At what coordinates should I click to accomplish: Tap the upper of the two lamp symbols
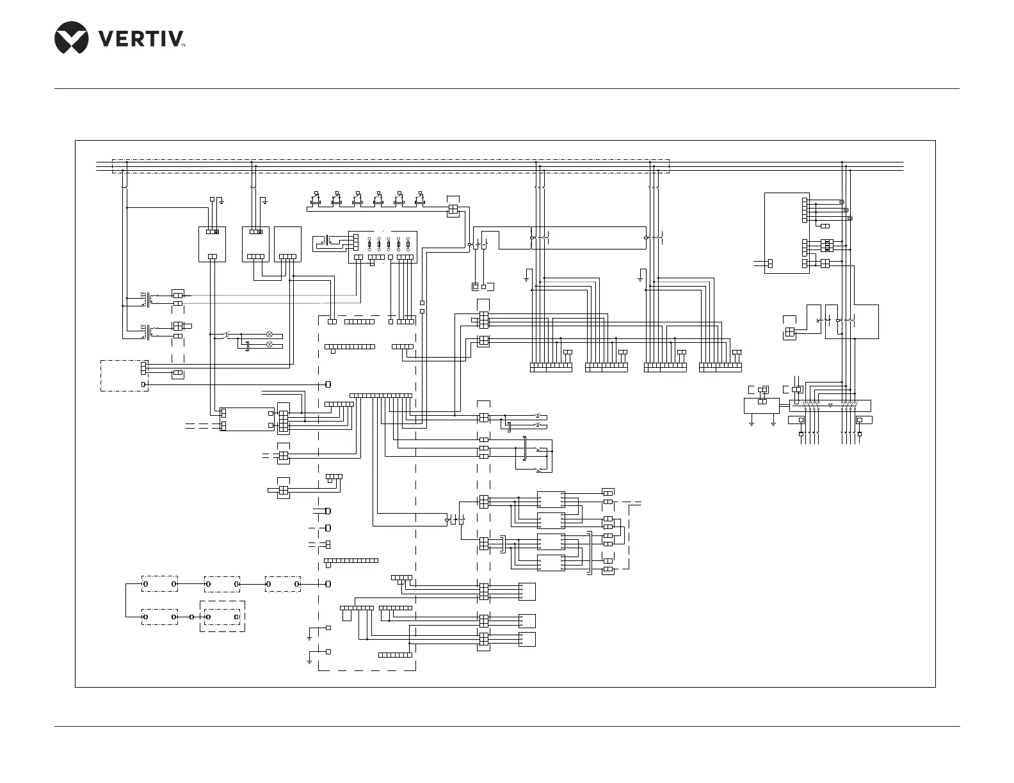click(x=270, y=335)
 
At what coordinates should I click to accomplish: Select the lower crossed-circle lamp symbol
click(x=270, y=345)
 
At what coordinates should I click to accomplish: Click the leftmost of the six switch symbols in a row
click(x=316, y=198)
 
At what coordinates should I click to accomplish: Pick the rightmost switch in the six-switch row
click(x=420, y=198)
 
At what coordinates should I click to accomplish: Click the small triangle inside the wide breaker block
click(x=830, y=405)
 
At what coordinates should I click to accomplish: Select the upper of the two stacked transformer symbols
click(x=149, y=298)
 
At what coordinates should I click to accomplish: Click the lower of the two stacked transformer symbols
click(x=149, y=331)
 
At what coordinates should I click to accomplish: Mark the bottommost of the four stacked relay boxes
click(x=551, y=563)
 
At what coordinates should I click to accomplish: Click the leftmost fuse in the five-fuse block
click(x=369, y=245)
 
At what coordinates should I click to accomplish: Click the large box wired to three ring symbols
click(x=786, y=233)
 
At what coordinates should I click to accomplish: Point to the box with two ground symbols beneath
click(x=761, y=406)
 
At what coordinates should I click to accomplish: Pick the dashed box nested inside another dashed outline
click(x=223, y=617)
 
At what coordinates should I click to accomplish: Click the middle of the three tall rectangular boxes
click(x=255, y=244)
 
